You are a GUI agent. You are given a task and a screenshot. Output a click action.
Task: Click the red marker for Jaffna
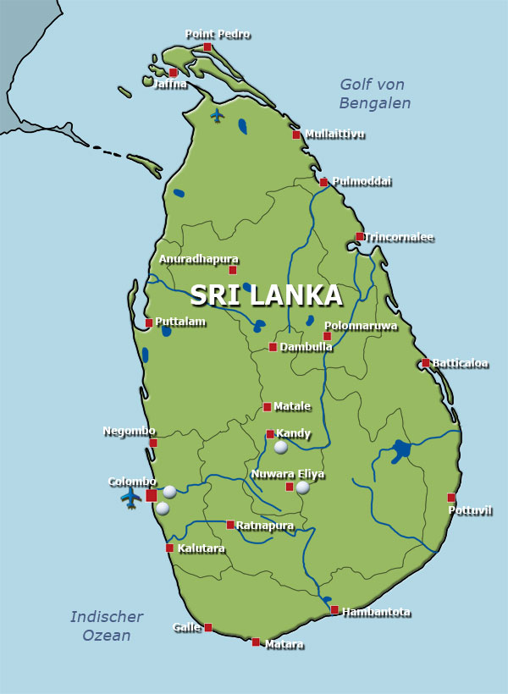tap(173, 73)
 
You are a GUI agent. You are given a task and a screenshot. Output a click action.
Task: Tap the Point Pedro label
tap(218, 35)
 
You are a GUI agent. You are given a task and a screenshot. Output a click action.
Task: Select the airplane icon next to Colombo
tap(130, 497)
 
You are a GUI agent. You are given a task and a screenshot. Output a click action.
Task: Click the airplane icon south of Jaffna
tap(218, 114)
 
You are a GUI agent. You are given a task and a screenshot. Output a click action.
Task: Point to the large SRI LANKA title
tap(266, 295)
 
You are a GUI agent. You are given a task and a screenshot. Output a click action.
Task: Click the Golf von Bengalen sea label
tap(374, 94)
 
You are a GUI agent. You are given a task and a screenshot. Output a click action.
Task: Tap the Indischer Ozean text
tap(107, 626)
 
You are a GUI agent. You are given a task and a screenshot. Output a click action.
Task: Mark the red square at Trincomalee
tap(360, 237)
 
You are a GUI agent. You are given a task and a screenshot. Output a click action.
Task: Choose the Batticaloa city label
tap(461, 364)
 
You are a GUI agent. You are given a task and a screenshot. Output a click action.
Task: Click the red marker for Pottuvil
tap(451, 498)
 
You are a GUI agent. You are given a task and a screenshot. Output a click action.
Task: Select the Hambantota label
tap(376, 612)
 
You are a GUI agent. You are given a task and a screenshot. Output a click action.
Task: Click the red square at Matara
tap(256, 642)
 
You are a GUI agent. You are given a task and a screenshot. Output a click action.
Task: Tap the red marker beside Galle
tap(208, 627)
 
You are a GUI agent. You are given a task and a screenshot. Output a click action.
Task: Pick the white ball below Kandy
tap(281, 447)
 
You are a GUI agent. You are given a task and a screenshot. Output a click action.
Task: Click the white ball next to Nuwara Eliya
tap(302, 487)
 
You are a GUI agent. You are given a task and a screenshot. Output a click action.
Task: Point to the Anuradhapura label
tap(198, 259)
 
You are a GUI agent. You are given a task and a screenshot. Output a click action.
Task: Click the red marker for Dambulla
tap(273, 347)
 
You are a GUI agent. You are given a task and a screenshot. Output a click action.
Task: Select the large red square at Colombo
tap(152, 495)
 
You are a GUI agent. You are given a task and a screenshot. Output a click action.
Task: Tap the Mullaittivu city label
tap(334, 134)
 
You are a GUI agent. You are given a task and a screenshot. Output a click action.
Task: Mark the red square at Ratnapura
tap(230, 525)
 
